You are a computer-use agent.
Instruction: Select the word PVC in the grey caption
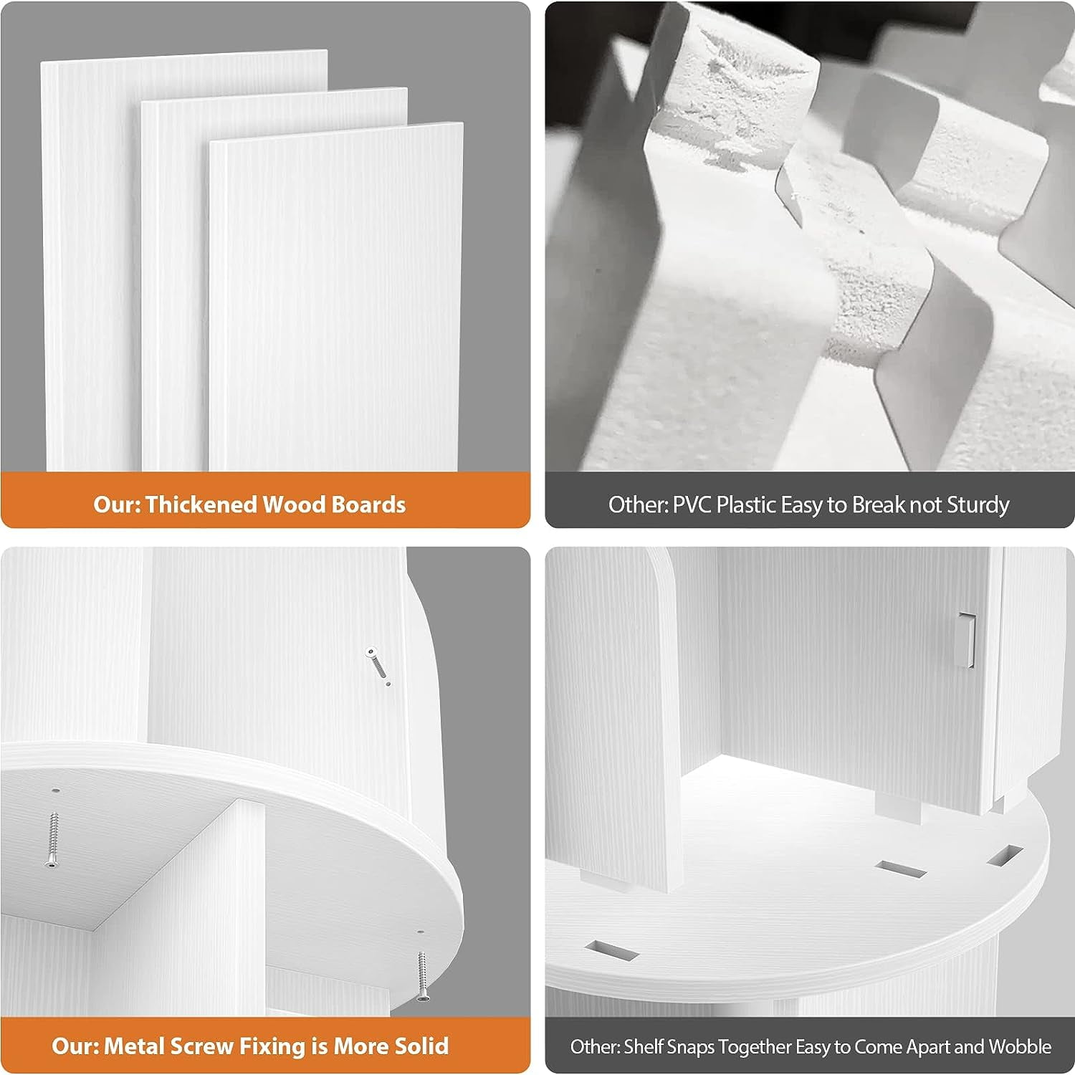[692, 505]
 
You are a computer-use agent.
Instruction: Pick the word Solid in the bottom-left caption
[420, 1046]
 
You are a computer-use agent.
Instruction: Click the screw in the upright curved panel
[378, 664]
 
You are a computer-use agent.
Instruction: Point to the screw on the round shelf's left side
[52, 838]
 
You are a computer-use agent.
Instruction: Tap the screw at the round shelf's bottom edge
[421, 975]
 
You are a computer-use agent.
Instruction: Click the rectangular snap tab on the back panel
[967, 639]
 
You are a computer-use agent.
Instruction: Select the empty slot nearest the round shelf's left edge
[611, 950]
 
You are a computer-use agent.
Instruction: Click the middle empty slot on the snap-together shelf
[901, 869]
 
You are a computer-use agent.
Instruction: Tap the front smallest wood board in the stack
[335, 297]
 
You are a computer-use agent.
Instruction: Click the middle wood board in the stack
[176, 287]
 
